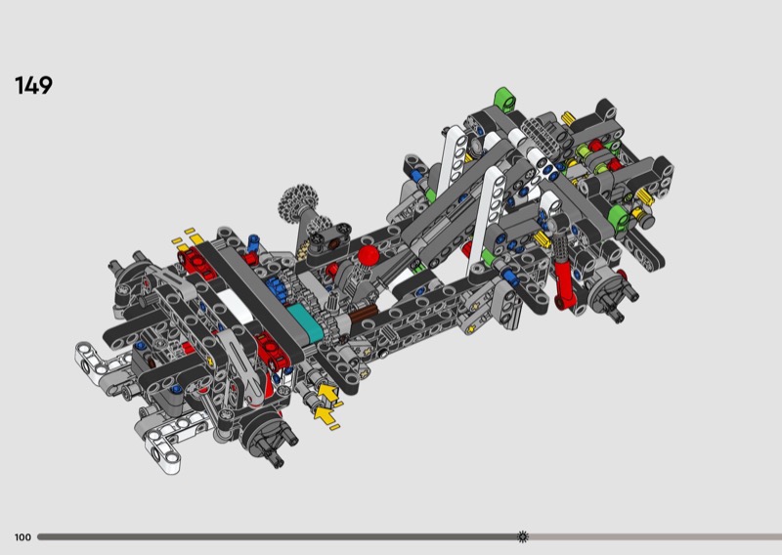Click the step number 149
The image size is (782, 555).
[33, 85]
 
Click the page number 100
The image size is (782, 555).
[22, 537]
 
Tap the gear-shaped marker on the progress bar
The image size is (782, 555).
[523, 536]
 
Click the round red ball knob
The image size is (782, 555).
[369, 255]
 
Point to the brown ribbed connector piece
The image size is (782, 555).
[363, 315]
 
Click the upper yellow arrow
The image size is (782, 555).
[327, 393]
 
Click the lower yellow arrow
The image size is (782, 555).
[325, 415]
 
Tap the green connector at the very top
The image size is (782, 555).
[504, 99]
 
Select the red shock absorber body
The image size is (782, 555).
[565, 284]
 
